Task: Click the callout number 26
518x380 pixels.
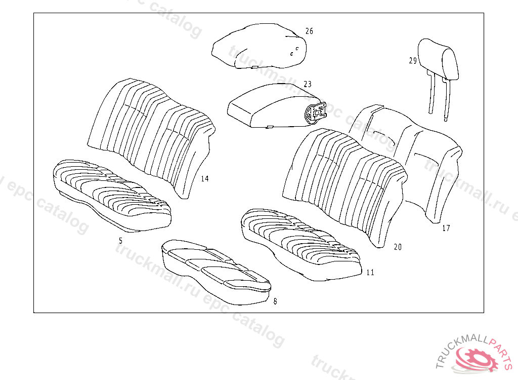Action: (309, 31)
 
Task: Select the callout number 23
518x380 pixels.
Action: (308, 84)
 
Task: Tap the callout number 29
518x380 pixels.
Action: (413, 61)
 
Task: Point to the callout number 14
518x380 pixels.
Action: (204, 178)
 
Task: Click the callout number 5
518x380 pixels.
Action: (120, 241)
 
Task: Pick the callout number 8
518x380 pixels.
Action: (275, 301)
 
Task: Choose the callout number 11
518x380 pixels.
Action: (370, 273)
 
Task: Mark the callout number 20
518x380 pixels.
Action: (398, 247)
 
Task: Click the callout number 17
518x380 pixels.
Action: (446, 229)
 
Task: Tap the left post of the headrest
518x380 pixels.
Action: (431, 94)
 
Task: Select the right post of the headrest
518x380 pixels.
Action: (446, 99)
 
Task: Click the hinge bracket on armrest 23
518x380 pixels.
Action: (317, 112)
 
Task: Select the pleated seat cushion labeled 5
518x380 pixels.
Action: (111, 195)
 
